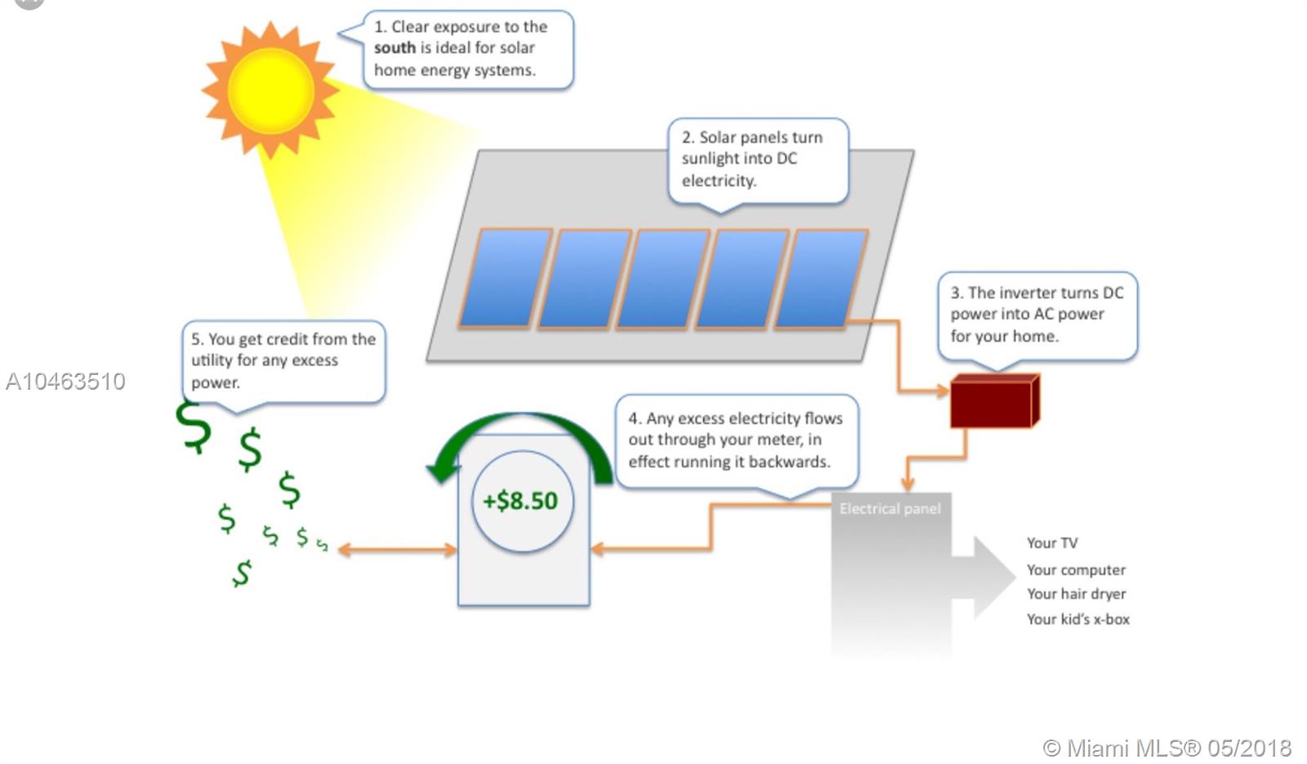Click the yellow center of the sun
(270, 90)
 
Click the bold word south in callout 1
(395, 48)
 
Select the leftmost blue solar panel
(504, 278)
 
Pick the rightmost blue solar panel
(821, 278)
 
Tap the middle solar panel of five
(662, 278)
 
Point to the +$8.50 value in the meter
(520, 500)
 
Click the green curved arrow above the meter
(523, 429)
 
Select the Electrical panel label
(890, 508)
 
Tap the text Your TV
(1051, 543)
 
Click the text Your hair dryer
(1076, 594)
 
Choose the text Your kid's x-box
(1077, 619)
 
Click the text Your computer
(1076, 570)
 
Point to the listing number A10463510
(65, 382)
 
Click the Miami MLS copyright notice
(1166, 748)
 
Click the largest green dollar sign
(194, 427)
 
